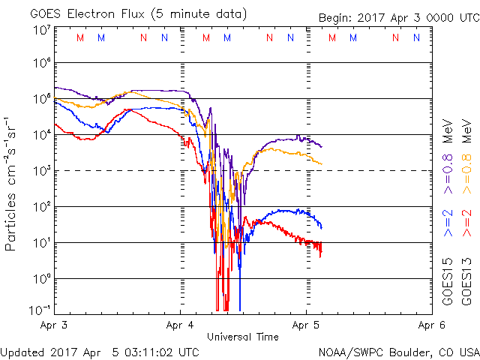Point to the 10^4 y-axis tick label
point(39,134)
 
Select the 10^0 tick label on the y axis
point(39,278)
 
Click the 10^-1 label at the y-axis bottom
point(37,310)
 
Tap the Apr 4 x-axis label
point(181,325)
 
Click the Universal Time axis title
point(243,337)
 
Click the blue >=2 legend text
point(447,223)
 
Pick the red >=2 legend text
point(466,223)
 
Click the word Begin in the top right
point(335,17)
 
